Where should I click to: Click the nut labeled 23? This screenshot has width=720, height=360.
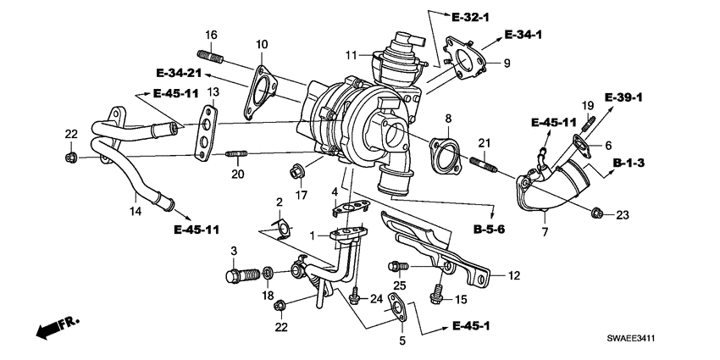(596, 213)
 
